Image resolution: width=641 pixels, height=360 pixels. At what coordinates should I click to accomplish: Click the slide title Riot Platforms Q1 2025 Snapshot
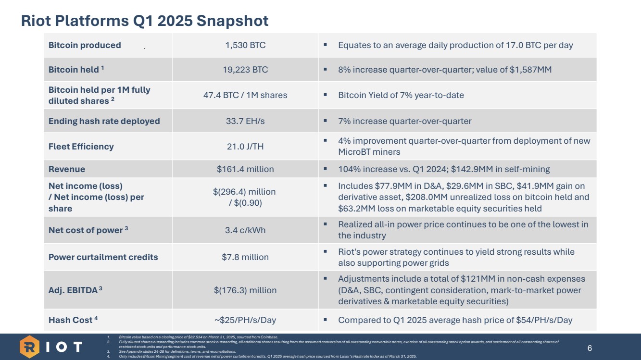[x=144, y=21]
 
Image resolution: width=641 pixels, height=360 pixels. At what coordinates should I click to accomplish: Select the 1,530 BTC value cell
[x=245, y=45]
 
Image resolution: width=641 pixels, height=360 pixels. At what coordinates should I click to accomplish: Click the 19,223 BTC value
[x=245, y=70]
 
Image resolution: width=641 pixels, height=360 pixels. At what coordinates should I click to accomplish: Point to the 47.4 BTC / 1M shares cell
[x=245, y=95]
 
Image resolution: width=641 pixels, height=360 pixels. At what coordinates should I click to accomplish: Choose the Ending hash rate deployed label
[x=104, y=121]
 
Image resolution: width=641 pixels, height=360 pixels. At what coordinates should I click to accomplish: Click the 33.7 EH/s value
[x=245, y=121]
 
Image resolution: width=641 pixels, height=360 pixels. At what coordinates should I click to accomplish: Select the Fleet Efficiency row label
[x=81, y=147]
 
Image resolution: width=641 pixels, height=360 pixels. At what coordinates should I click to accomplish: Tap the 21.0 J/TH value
[x=245, y=147]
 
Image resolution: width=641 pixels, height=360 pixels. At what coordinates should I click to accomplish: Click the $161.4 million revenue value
[x=245, y=169]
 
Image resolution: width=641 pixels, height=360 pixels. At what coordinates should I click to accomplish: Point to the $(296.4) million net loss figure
[x=244, y=192]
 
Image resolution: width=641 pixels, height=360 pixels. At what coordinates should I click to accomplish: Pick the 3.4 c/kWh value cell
[x=245, y=230]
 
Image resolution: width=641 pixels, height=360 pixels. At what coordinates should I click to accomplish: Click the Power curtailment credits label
[x=103, y=257]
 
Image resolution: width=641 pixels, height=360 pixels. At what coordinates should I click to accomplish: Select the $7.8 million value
[x=245, y=257]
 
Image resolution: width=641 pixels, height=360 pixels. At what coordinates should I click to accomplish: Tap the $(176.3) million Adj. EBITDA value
[x=245, y=290]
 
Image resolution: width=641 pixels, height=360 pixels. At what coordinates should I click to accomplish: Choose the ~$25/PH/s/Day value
[x=245, y=320]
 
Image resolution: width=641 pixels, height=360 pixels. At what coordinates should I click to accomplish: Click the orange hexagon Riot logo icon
[x=29, y=347]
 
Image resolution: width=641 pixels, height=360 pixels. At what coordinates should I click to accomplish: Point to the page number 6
[x=590, y=348]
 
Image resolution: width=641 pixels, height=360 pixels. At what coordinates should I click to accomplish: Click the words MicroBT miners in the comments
[x=369, y=152]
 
